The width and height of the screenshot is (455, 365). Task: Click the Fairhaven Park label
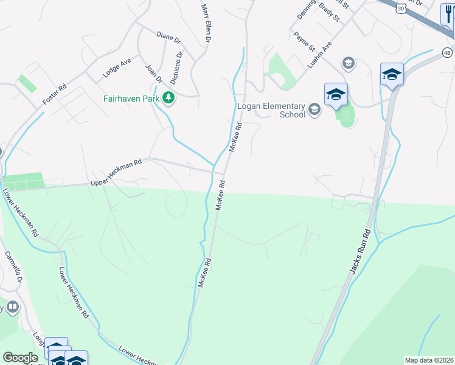(x=130, y=98)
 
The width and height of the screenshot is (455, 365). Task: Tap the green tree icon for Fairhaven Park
(x=167, y=97)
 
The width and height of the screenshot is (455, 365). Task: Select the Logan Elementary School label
(x=271, y=109)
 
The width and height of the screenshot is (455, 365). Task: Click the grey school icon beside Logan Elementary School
(x=314, y=109)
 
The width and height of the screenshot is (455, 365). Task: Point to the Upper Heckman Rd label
(x=116, y=173)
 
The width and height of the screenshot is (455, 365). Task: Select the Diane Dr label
(x=168, y=38)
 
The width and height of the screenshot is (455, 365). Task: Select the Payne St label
(x=304, y=41)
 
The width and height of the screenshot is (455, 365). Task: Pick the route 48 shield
(x=448, y=53)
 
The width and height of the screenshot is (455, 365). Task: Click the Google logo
(x=20, y=358)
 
